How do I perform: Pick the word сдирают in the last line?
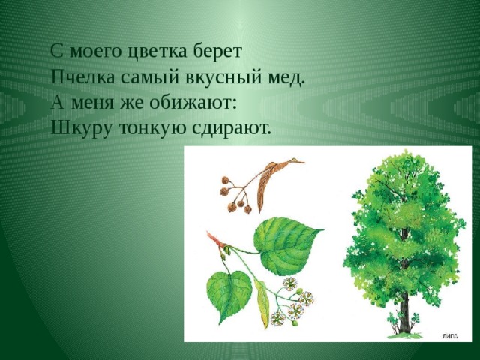(232, 128)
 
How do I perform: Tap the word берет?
(217, 52)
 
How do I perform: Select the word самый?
(150, 77)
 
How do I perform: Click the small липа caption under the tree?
(450, 336)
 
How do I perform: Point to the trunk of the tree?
(404, 309)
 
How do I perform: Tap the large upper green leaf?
(286, 245)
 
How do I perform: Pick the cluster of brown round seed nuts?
(234, 196)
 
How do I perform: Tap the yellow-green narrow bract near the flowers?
(262, 303)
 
